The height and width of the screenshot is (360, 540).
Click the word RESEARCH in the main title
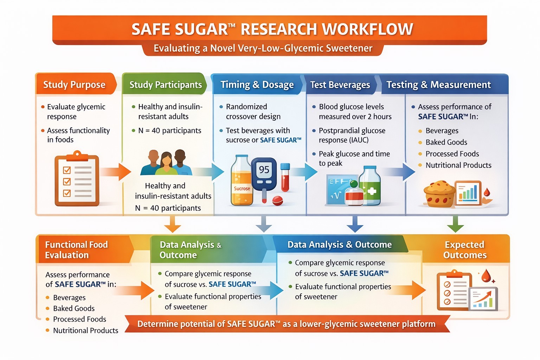(x=278, y=30)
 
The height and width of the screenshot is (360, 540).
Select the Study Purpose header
(x=74, y=85)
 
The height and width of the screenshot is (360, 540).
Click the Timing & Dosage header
(x=257, y=85)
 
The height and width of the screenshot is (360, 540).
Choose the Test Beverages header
(x=340, y=85)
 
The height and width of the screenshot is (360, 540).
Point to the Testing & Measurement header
(x=438, y=85)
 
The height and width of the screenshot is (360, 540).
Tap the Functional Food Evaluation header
(x=76, y=250)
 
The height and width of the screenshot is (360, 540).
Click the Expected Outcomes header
(x=465, y=250)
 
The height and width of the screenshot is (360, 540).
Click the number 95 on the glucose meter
(x=264, y=170)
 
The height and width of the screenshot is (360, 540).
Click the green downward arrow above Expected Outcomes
(x=455, y=224)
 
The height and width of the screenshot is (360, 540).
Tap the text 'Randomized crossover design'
(x=253, y=111)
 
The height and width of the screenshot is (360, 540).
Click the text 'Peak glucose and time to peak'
(x=354, y=159)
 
